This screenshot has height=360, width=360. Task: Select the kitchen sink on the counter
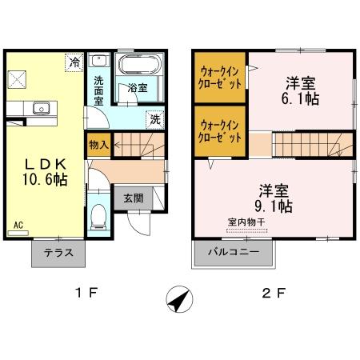(42, 107)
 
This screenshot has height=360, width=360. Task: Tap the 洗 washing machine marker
(155, 119)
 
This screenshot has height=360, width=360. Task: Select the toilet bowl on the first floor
(98, 214)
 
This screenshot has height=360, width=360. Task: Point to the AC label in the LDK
(18, 226)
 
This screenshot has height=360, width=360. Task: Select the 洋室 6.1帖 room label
(300, 90)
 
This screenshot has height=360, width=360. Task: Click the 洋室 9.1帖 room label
(274, 198)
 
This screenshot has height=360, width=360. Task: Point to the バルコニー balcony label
(233, 252)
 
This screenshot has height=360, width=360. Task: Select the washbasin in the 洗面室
(99, 62)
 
